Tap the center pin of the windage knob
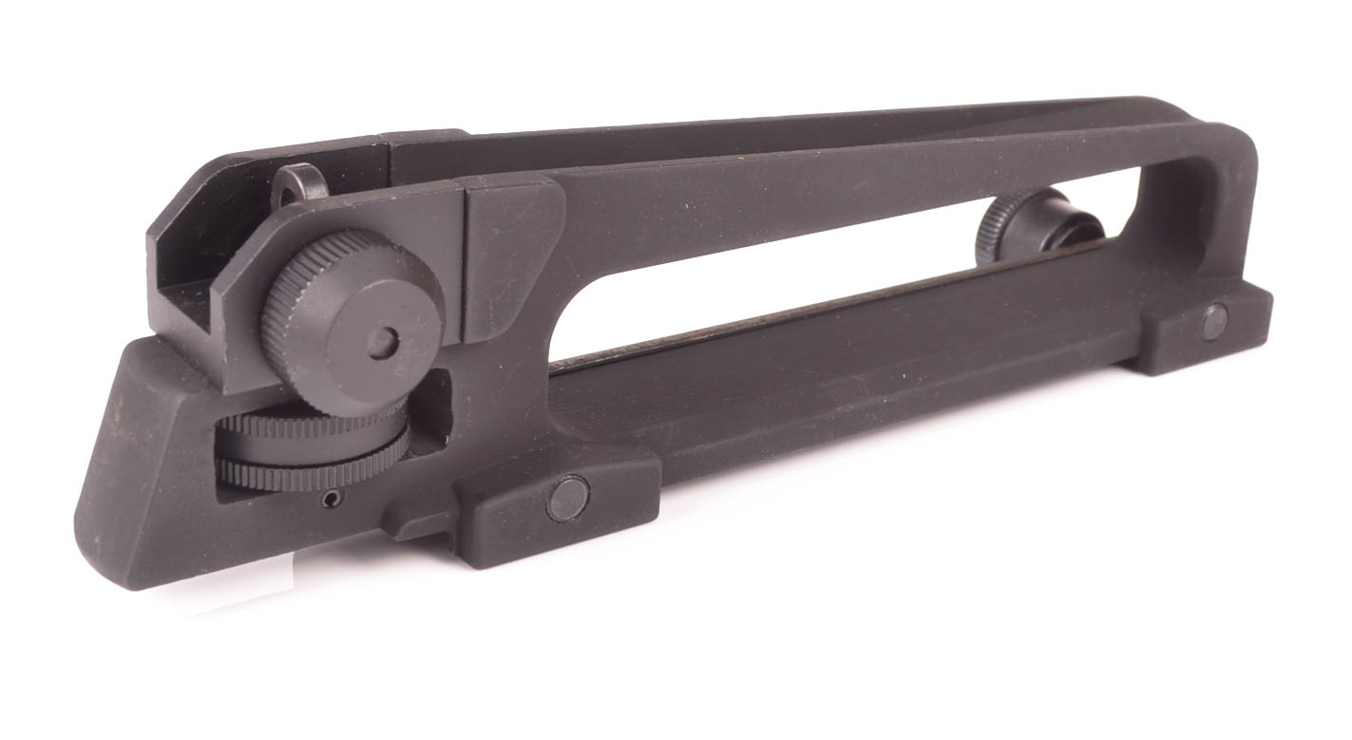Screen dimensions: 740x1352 [x=383, y=344]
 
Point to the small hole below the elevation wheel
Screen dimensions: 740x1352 [x=329, y=500]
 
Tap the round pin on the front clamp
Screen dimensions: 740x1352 [x=567, y=498]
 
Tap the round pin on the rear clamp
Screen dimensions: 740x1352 [x=1215, y=321]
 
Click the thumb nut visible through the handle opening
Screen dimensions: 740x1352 [x=1040, y=222]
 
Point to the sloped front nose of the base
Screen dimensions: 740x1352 [x=143, y=475]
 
